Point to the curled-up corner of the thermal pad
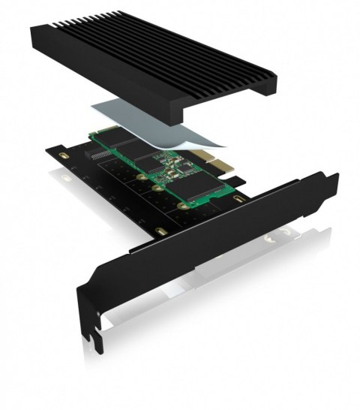click(x=217, y=139)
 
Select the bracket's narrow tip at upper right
click(x=330, y=181)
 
